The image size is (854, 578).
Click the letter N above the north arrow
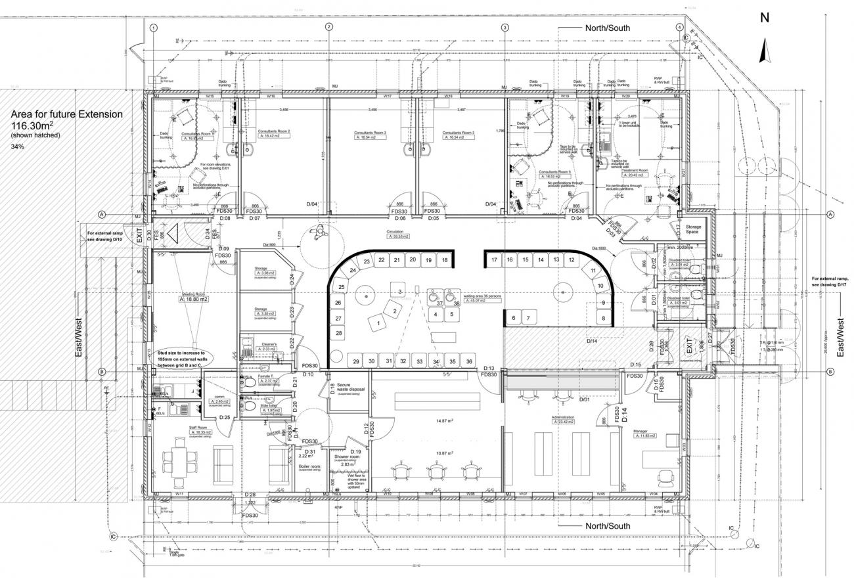764,18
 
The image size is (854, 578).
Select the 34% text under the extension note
18,146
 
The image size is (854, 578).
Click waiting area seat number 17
494,260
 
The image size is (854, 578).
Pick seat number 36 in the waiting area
468,362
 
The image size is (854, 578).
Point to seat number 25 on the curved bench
342,287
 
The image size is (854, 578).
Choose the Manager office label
640,432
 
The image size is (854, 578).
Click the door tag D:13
489,368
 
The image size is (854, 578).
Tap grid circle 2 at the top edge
328,28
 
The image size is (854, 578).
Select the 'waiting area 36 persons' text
483,297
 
